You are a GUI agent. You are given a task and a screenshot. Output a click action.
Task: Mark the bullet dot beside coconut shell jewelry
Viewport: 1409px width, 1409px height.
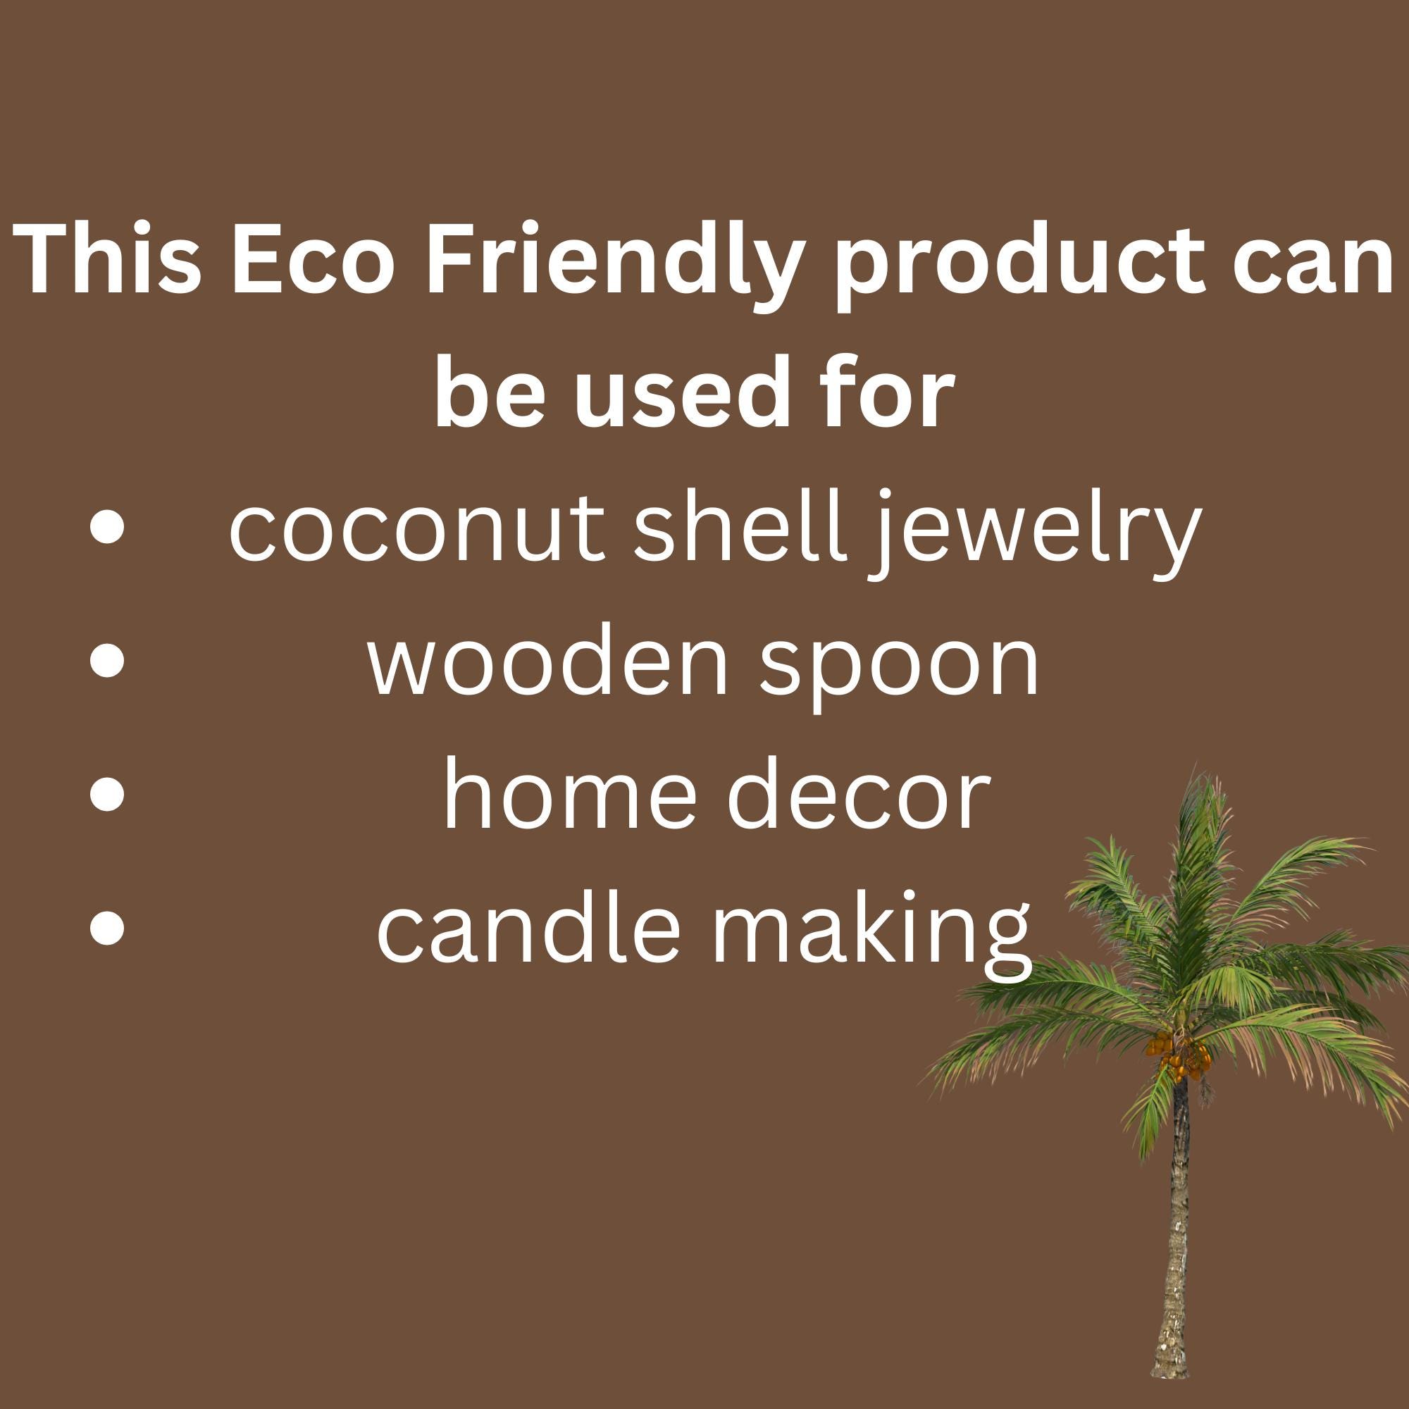pyautogui.click(x=107, y=530)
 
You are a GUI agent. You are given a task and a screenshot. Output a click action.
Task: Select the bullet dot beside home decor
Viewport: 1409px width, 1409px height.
pyautogui.click(x=107, y=795)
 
